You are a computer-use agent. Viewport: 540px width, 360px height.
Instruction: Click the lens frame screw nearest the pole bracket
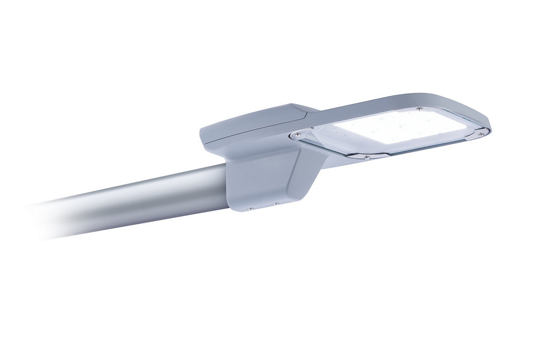point(297,135)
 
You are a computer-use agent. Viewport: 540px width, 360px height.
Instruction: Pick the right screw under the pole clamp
point(276,204)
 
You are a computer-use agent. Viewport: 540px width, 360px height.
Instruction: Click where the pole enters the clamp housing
point(226,177)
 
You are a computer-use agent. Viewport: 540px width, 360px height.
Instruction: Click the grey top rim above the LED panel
point(391,105)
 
